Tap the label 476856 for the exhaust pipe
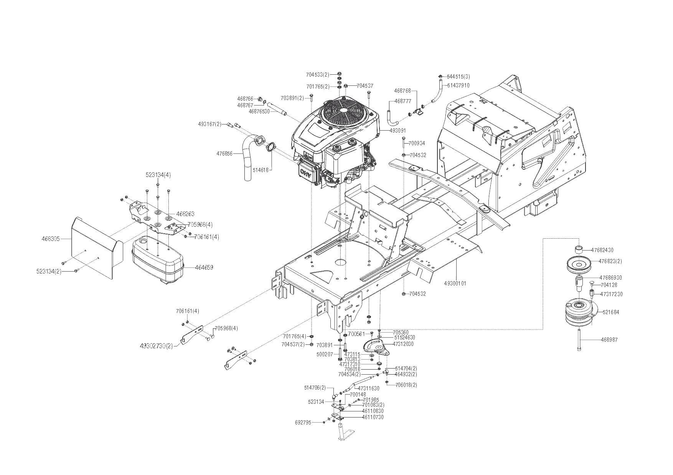pos(224,154)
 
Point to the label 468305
pos(51,239)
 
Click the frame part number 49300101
pos(455,283)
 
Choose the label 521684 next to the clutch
pos(610,312)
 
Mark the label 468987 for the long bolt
pos(609,340)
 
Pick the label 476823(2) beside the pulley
pos(610,261)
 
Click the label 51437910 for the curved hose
pos(458,85)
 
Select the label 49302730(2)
pos(156,346)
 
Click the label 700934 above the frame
pos(417,143)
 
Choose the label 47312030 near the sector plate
pos(403,344)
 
